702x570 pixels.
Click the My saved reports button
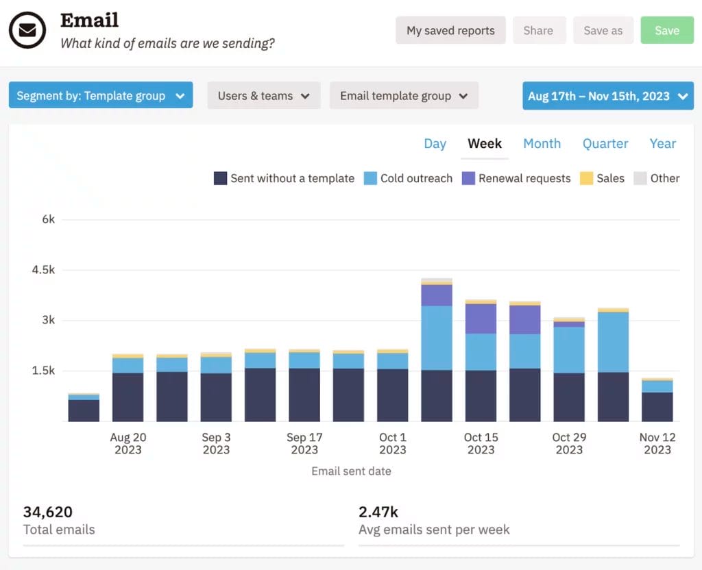coord(450,30)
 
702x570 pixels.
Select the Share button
coord(538,30)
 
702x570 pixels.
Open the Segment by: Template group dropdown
coord(100,96)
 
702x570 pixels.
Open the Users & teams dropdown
coord(264,96)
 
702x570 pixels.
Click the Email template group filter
coord(404,96)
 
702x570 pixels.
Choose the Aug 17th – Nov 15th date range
coord(607,96)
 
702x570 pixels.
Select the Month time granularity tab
coord(542,143)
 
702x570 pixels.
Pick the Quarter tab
coord(605,143)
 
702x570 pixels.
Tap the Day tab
coord(435,143)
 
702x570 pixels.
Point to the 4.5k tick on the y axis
coord(44,270)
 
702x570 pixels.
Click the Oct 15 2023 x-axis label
coord(481,443)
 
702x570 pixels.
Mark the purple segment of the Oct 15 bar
coord(481,319)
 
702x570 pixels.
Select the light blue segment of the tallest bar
coord(437,338)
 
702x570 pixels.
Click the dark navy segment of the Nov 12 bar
coord(657,407)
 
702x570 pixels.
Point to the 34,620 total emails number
coord(48,512)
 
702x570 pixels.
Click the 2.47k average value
coord(378,512)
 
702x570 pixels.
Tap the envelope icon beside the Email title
coord(27,31)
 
